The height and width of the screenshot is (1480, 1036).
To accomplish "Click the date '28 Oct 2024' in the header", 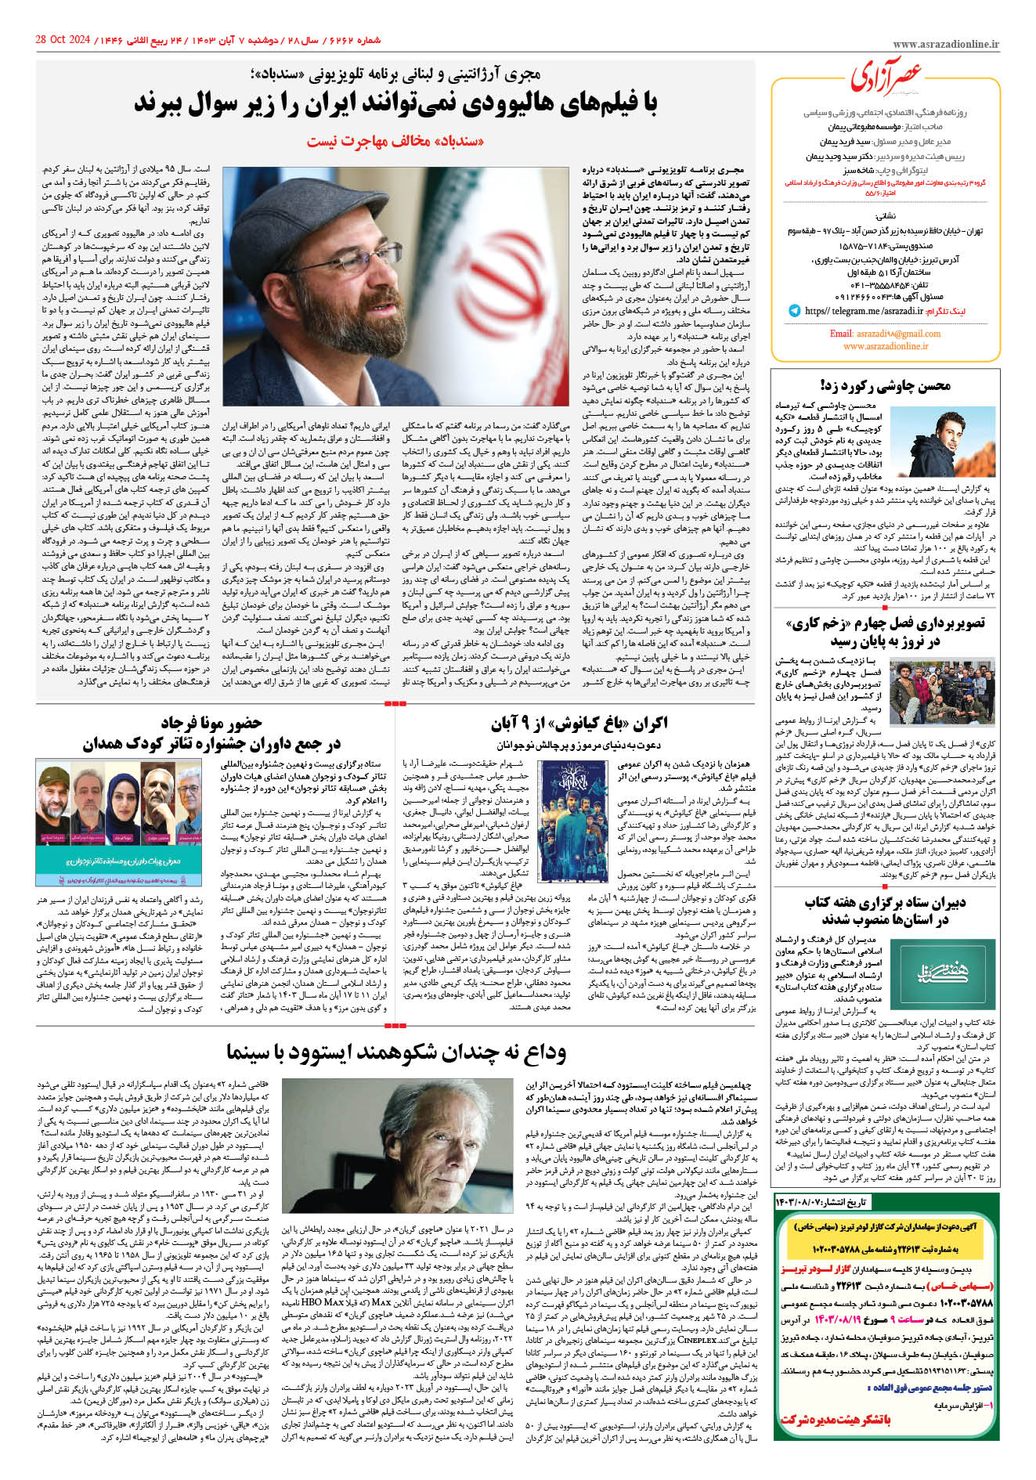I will [x=64, y=39].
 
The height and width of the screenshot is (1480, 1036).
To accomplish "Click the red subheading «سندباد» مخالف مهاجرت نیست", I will [x=395, y=141].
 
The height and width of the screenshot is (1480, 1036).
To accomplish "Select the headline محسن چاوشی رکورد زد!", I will [x=885, y=384].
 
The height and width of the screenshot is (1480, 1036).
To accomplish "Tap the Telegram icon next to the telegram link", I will [x=796, y=311].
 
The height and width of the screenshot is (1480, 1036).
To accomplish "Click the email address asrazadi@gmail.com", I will [x=885, y=334].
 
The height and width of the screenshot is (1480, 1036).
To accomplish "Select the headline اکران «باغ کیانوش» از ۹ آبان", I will [x=579, y=723].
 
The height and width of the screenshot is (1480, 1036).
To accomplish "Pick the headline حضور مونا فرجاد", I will [x=211, y=722].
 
